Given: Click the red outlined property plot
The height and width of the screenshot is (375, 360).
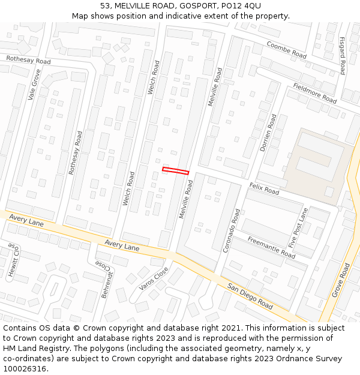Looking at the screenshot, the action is (175, 171).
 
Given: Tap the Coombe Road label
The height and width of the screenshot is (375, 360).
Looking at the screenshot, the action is (286, 50).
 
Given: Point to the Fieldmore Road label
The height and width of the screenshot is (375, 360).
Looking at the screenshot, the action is (314, 93).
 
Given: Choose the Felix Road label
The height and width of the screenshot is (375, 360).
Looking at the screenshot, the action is (264, 189).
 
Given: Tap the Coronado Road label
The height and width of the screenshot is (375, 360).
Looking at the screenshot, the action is (232, 230).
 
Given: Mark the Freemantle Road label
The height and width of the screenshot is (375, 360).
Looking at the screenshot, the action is (271, 247).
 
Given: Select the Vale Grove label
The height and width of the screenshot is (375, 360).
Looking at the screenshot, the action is (34, 85).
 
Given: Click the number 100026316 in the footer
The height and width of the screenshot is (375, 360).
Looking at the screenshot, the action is (25, 368).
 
